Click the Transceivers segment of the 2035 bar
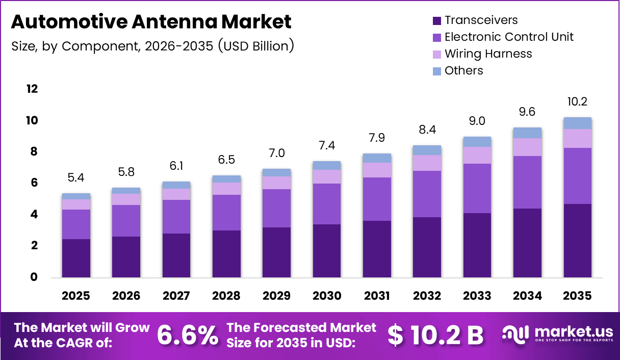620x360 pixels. (577, 240)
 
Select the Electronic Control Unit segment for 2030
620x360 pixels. (326, 203)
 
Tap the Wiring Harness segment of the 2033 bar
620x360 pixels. (477, 155)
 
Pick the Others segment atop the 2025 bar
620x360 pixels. (75, 196)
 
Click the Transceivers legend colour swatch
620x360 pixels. (436, 21)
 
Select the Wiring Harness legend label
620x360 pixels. (488, 54)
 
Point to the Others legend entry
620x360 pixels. (463, 70)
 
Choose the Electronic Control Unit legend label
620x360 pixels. (509, 37)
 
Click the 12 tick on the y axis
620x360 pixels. (32, 89)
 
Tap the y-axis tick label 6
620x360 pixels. (34, 183)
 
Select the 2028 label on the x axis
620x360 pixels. (226, 296)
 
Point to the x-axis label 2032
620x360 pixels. (427, 296)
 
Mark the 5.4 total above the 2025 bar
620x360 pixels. (75, 178)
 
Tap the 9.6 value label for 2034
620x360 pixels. (527, 112)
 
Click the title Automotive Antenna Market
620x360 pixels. (151, 22)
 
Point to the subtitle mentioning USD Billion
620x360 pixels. (152, 46)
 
